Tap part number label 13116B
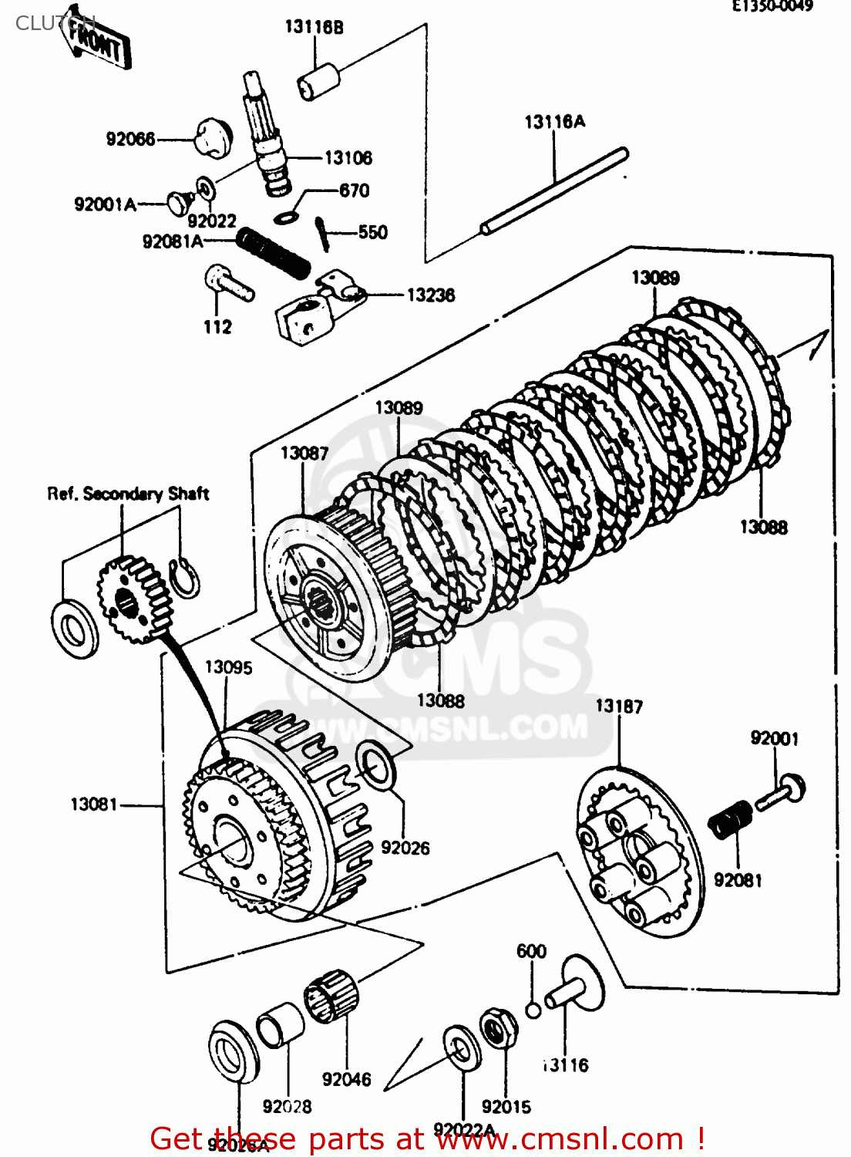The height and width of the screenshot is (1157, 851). point(314,27)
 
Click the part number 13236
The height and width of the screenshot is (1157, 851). point(430,295)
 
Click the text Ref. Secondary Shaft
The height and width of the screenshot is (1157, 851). point(128,494)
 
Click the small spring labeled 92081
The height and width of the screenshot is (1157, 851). point(730,819)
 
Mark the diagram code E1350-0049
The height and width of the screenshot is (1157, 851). point(772,7)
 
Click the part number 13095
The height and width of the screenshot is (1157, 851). point(228,667)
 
